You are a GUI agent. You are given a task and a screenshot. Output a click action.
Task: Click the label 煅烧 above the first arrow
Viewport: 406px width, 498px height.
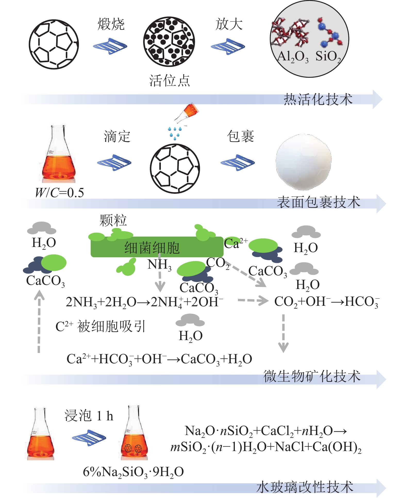(111, 25)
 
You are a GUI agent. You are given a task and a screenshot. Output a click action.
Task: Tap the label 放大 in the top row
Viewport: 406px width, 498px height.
(229, 25)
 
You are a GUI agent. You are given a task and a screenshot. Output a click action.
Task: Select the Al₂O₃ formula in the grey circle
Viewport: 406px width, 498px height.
(293, 57)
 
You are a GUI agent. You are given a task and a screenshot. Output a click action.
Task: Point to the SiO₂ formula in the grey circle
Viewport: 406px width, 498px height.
(328, 57)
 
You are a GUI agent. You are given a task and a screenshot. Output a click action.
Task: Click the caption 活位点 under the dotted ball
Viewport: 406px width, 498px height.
(169, 81)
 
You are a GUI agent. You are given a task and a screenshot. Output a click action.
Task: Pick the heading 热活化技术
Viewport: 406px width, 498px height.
(318, 100)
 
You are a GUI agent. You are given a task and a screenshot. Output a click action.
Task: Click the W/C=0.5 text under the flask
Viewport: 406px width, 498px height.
(60, 193)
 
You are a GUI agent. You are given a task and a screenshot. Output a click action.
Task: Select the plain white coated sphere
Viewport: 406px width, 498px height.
(303, 162)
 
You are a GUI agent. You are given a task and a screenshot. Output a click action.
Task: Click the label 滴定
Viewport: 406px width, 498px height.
(117, 136)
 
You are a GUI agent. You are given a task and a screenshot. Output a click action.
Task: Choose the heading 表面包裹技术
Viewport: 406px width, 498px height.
(318, 202)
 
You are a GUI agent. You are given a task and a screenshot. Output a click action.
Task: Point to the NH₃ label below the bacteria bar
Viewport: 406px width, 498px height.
(159, 265)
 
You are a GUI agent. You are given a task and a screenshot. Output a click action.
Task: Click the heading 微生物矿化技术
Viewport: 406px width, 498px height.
(312, 376)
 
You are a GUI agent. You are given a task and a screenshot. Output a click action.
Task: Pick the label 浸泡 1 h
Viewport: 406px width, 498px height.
(89, 416)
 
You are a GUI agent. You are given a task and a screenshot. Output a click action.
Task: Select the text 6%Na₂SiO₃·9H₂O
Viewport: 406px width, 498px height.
(133, 472)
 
